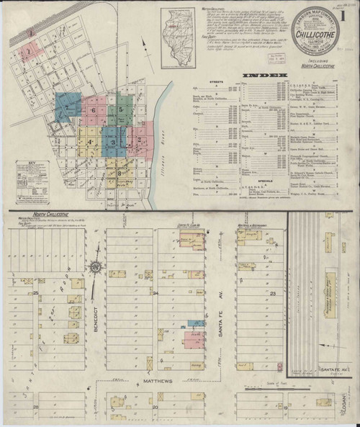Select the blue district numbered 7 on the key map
pyautogui.click(x=66, y=107)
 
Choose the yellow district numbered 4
pyautogui.click(x=89, y=140)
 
